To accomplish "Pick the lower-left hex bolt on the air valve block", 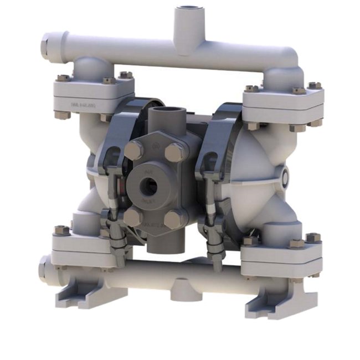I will click(132, 217).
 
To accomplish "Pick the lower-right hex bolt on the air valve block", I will click(173, 219).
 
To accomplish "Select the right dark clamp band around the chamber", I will click(219, 138).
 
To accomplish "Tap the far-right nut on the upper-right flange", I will click(315, 86).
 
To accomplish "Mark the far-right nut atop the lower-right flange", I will click(313, 238).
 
